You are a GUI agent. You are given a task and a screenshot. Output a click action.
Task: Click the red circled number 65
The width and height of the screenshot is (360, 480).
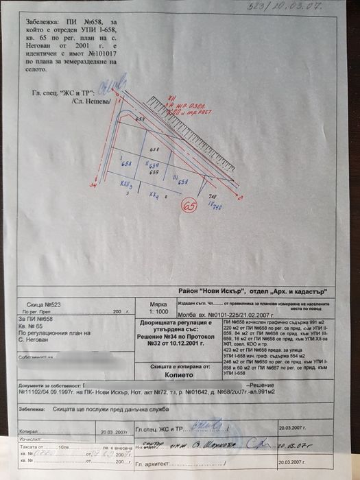click(187, 204)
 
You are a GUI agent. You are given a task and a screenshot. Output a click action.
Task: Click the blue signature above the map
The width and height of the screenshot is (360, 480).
click(107, 87)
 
